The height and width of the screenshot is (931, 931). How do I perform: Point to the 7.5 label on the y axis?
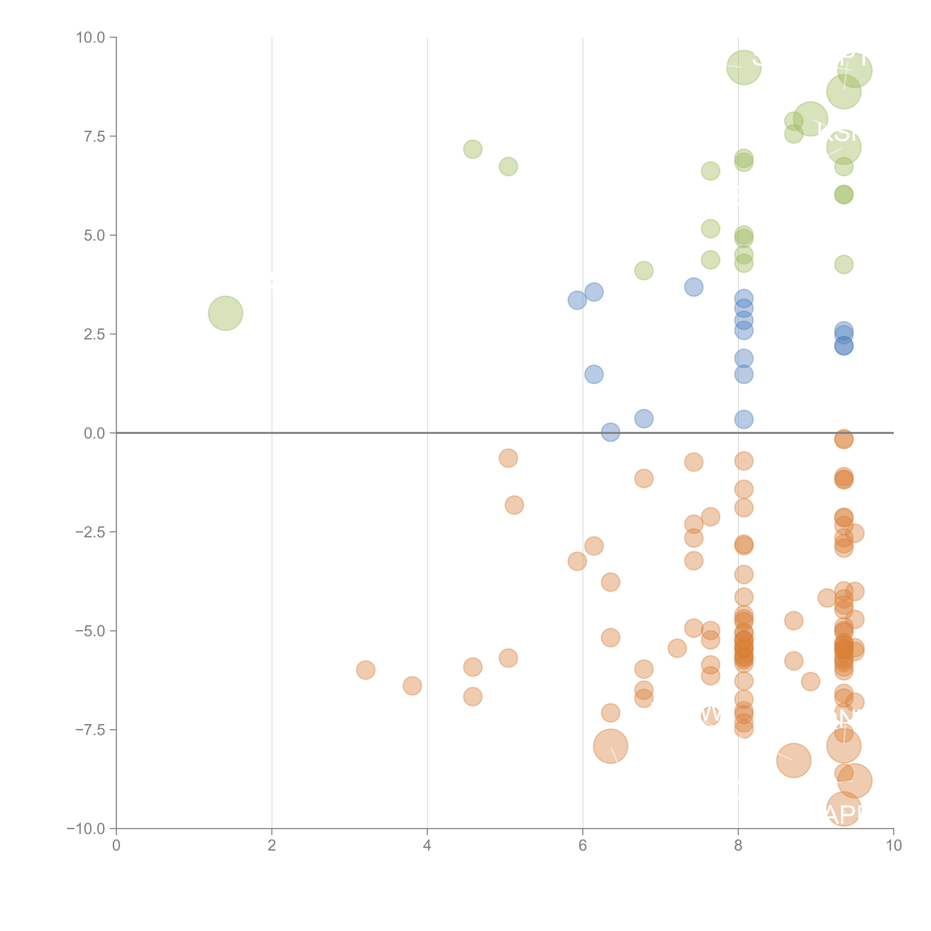(94, 136)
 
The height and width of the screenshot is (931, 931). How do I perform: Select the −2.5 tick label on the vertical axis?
(90, 532)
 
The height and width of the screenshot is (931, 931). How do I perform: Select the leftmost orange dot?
(366, 670)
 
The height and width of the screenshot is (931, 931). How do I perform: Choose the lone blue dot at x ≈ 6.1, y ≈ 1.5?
(594, 374)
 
